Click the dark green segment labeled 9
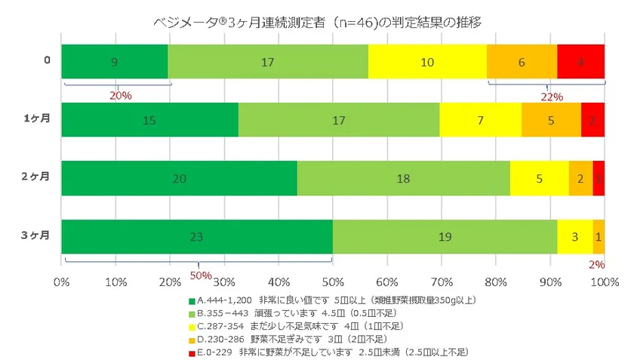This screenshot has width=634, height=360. tap(114, 61)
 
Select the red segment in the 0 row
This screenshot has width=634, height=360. tap(581, 61)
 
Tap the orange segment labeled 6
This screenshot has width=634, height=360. tap(522, 61)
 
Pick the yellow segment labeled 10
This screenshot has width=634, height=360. tap(427, 61)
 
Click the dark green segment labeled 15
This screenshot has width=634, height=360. tap(149, 119)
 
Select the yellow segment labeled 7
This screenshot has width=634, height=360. tap(480, 119)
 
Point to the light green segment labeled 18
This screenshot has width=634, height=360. tap(403, 177)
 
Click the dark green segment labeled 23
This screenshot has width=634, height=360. tap(196, 236)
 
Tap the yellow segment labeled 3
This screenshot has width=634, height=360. tap(574, 236)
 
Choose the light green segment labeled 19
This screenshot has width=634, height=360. tap(445, 236)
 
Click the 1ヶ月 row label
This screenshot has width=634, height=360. tap(35, 119)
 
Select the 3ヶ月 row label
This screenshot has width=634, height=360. tap(35, 236)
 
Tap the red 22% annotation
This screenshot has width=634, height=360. tap(553, 97)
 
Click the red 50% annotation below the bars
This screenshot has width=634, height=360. tap(199, 275)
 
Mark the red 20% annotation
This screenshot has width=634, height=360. tap(121, 96)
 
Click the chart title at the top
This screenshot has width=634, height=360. tap(317, 22)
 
